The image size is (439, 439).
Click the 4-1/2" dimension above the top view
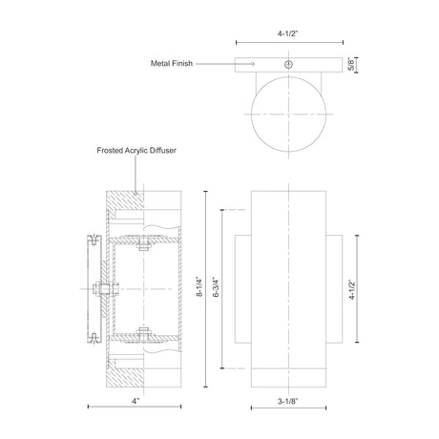(x=288, y=33)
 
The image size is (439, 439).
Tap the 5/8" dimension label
(x=351, y=65)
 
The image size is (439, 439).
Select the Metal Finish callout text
(x=172, y=63)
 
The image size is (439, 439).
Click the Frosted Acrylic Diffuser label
(x=136, y=150)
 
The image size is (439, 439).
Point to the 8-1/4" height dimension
(x=199, y=287)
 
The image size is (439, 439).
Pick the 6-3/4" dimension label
(x=217, y=287)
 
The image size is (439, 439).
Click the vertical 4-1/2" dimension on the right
(x=352, y=289)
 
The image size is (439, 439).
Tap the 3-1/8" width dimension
(x=288, y=401)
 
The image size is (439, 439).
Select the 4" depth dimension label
(x=136, y=401)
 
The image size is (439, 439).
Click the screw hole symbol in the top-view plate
(x=288, y=64)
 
